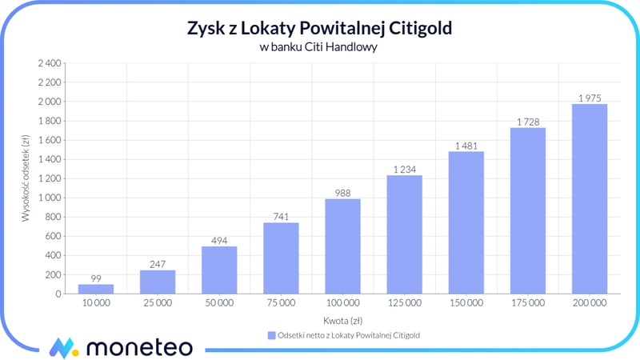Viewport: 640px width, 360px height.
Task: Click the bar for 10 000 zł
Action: [96, 289]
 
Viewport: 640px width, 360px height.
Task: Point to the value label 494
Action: [219, 240]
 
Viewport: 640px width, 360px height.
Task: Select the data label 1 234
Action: [404, 169]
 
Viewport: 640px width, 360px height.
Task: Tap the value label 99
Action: [96, 278]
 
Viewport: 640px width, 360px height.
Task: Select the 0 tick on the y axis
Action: [58, 294]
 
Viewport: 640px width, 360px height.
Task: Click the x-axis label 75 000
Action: [281, 304]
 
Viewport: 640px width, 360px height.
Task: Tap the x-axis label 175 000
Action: [527, 304]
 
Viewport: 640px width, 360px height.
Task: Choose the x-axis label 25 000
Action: [158, 304]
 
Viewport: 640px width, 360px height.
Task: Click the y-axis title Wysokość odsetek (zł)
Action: [26, 178]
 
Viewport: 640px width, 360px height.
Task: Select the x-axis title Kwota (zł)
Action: [342, 319]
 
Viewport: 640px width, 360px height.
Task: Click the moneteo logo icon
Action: [63, 347]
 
